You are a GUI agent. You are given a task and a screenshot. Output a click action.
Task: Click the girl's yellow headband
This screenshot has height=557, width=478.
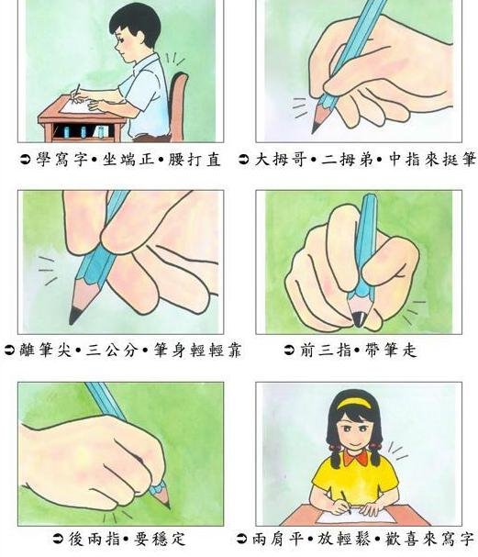pyautogui.click(x=356, y=402)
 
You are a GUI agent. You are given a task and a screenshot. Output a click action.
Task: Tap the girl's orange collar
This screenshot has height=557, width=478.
pyautogui.click(x=356, y=458)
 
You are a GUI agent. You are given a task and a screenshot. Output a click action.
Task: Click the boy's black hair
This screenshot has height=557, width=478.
pyautogui.click(x=135, y=22)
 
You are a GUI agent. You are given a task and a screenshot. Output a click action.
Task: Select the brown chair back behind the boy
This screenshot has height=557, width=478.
pyautogui.click(x=178, y=106)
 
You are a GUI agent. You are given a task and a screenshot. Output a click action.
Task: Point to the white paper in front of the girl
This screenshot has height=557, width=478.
pyautogui.click(x=356, y=516)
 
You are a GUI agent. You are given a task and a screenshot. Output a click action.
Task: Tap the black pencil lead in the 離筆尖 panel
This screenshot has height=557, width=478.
pyautogui.click(x=75, y=315)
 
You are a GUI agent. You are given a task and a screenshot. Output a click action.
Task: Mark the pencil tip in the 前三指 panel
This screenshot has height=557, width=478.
pyautogui.click(x=360, y=319)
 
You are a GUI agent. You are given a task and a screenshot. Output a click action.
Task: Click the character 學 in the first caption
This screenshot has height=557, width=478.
pyautogui.click(x=45, y=160)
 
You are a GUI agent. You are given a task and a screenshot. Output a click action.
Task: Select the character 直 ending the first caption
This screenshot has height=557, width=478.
pyautogui.click(x=214, y=160)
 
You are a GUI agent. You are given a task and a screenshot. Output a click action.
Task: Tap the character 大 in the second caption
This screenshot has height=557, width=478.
pyautogui.click(x=263, y=160)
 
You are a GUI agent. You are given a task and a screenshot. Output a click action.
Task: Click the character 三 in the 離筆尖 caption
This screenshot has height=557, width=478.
pyautogui.click(x=94, y=351)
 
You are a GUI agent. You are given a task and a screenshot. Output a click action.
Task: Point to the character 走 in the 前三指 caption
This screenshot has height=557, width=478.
pyautogui.click(x=409, y=350)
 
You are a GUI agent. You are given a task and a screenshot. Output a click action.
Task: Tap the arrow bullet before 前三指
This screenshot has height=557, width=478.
pyautogui.click(x=289, y=351)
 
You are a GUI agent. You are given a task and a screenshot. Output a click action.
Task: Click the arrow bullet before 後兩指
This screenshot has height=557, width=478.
pyautogui.click(x=58, y=539)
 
